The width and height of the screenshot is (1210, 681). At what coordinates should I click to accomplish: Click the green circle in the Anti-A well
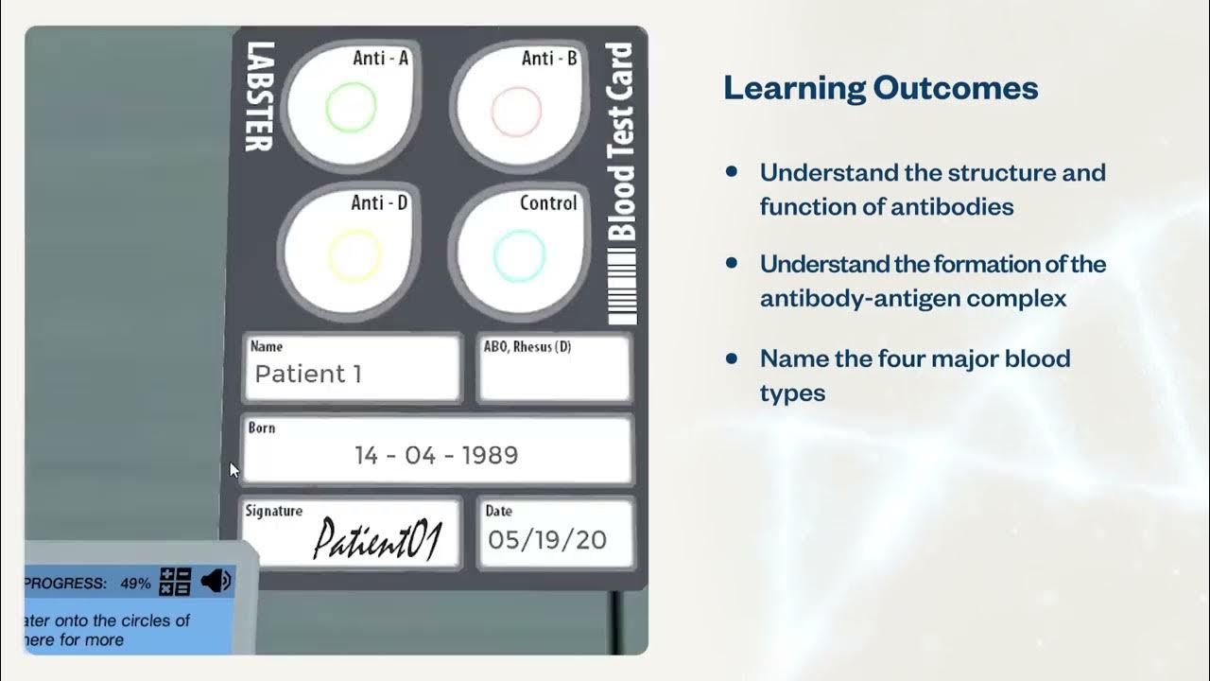click(x=351, y=108)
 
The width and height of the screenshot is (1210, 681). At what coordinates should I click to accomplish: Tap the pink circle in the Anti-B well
click(x=516, y=111)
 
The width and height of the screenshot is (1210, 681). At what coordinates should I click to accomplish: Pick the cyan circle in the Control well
click(x=519, y=255)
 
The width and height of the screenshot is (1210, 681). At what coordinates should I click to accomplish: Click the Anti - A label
click(x=380, y=59)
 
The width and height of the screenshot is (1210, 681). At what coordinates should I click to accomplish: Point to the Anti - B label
click(x=549, y=59)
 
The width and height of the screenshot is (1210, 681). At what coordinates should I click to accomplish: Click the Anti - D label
click(x=379, y=203)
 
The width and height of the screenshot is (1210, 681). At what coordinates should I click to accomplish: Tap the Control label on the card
click(x=548, y=203)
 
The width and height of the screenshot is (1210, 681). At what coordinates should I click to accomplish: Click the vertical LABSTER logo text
click(x=259, y=96)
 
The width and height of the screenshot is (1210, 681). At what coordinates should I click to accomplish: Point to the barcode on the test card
click(x=621, y=288)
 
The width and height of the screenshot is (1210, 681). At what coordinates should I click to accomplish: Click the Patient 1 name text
click(x=308, y=374)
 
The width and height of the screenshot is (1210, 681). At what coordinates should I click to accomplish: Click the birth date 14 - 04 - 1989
click(x=437, y=456)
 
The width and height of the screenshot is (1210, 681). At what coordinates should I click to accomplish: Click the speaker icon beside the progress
click(x=216, y=581)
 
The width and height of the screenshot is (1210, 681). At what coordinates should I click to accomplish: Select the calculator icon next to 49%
click(x=176, y=582)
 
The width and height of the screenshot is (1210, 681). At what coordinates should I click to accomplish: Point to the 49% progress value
click(x=135, y=584)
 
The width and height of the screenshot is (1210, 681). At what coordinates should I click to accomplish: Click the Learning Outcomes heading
click(x=880, y=89)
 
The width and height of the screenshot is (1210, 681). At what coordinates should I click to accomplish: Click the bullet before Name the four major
click(x=732, y=358)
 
